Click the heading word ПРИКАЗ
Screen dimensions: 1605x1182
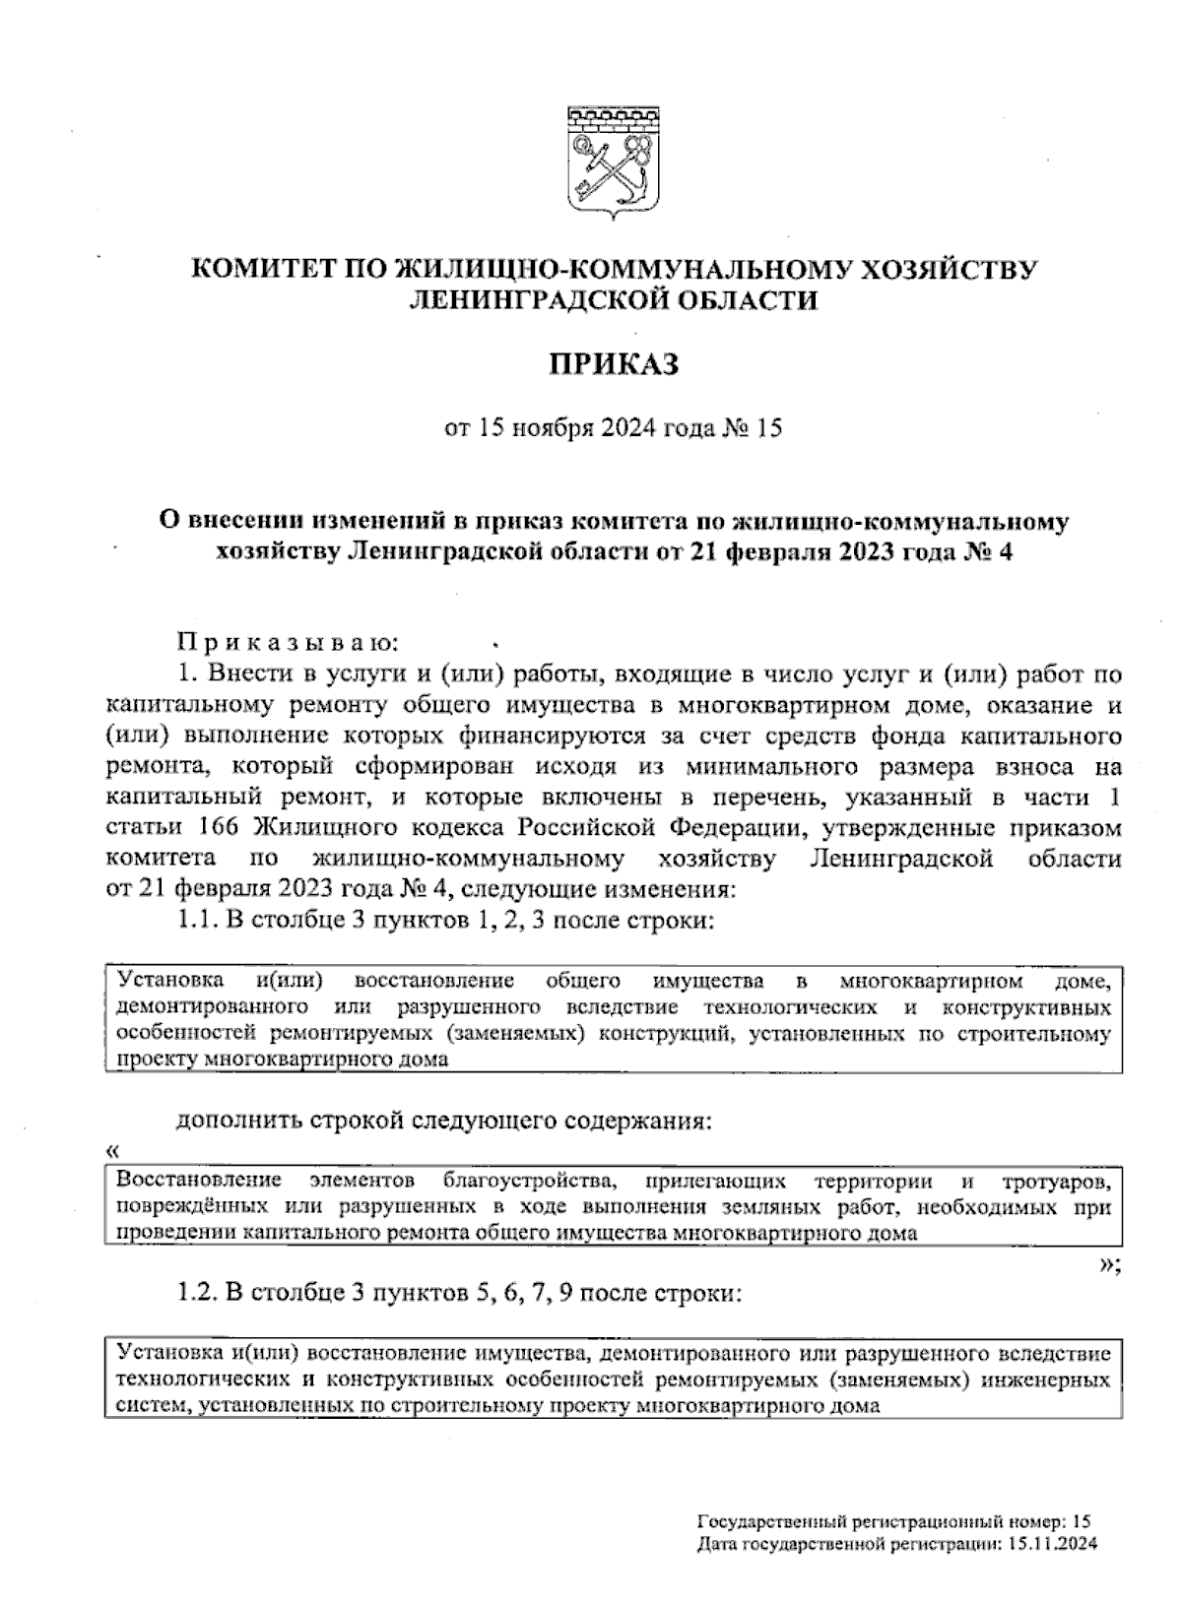click(x=614, y=366)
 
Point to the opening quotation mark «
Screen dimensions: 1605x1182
click(x=112, y=1150)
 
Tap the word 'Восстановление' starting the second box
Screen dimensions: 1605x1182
click(x=198, y=1180)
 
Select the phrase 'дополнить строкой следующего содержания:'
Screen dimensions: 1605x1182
click(x=442, y=1122)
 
